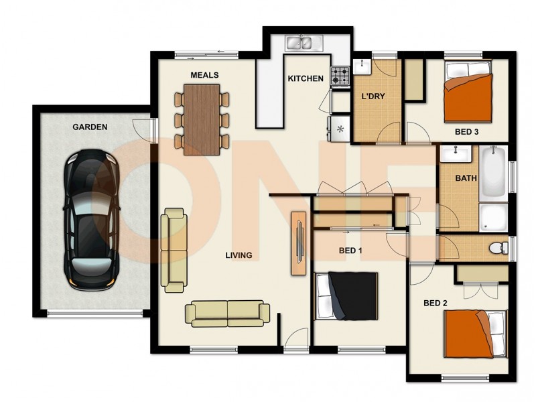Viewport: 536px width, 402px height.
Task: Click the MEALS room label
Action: click(x=204, y=74)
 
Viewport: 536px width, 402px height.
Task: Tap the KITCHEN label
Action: click(x=306, y=79)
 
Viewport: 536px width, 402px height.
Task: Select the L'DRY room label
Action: click(x=373, y=96)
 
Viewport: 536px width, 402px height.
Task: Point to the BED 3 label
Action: click(x=466, y=132)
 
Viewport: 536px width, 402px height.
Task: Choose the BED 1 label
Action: click(x=350, y=251)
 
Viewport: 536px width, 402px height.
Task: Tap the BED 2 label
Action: click(x=435, y=303)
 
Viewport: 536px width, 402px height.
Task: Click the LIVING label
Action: click(x=238, y=255)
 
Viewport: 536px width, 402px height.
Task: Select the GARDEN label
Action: click(x=90, y=127)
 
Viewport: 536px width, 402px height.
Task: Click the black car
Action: click(x=90, y=218)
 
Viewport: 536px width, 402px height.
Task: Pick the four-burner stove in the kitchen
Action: click(x=340, y=76)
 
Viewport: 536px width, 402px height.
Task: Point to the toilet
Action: click(x=497, y=248)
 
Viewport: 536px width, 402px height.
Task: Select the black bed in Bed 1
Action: click(x=347, y=296)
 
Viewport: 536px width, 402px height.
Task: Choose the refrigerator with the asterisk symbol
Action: click(x=339, y=128)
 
